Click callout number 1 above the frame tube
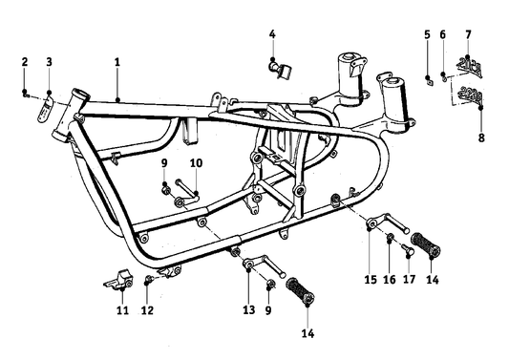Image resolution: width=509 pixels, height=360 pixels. (x=117, y=62)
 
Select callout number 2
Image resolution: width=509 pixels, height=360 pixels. (x=25, y=62)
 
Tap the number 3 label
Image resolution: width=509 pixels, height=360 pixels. (x=50, y=62)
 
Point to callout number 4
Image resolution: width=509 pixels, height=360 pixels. (x=272, y=34)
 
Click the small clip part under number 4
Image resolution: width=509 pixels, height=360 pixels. (x=277, y=69)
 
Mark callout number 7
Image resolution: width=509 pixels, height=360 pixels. (x=468, y=34)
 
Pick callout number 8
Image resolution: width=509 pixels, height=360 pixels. (x=479, y=137)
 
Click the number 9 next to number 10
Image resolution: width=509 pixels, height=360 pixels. (x=164, y=163)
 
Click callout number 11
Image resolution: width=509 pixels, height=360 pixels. (x=121, y=310)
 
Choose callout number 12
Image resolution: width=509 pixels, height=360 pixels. (x=147, y=310)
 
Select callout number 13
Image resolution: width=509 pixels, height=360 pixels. (x=248, y=310)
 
